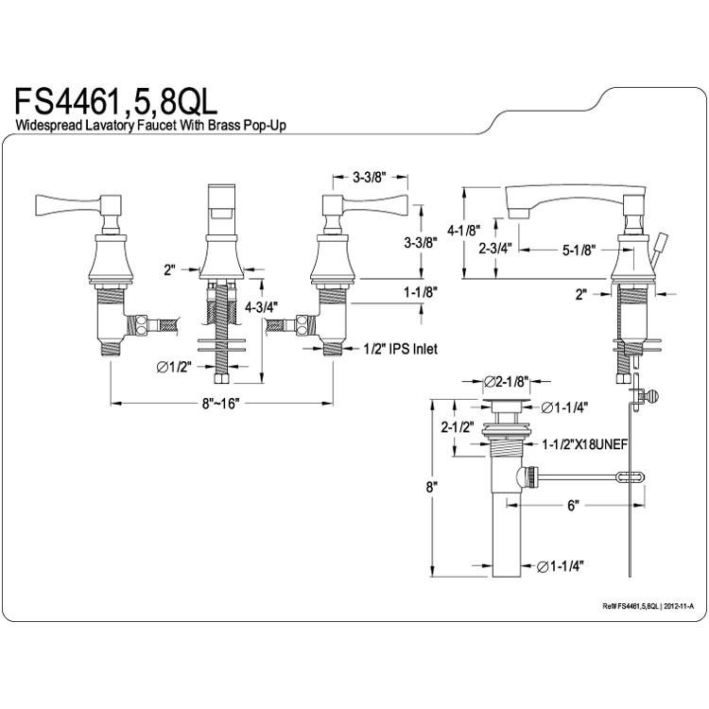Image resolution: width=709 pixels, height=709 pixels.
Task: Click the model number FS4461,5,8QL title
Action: coord(116,102)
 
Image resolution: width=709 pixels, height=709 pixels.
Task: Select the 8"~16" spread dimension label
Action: coord(220,404)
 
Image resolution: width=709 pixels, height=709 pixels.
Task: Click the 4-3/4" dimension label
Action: coord(261,307)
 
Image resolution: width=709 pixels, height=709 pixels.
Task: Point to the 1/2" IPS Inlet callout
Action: coord(401,349)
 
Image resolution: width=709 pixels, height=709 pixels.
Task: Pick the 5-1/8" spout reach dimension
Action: coord(579,250)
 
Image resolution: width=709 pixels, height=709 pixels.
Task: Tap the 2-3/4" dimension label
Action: coord(495,248)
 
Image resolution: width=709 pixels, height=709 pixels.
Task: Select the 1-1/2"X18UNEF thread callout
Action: coord(585,444)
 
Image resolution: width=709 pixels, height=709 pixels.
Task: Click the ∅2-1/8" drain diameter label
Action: coord(507,383)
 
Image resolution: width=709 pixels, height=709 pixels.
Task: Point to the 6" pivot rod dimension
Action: coord(574,506)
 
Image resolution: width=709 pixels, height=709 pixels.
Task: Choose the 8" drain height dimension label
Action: coord(432,488)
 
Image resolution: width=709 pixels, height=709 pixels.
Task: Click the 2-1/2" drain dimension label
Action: coord(458,427)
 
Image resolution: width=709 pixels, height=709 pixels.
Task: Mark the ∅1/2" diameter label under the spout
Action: coord(174,367)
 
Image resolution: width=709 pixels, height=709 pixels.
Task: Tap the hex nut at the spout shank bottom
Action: coord(221,378)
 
